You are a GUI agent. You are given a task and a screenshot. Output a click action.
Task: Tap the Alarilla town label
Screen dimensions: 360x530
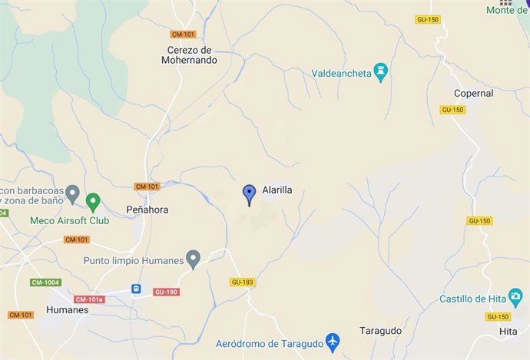pos(277,190)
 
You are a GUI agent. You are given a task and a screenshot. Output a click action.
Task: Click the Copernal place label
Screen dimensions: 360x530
pos(473,94)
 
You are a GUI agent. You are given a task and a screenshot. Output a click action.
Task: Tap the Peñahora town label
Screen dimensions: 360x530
pos(147,210)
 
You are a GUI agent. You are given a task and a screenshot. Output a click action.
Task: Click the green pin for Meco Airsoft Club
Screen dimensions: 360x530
pos(93,202)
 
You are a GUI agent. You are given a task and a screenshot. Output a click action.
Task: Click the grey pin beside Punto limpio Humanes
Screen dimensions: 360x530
pos(194,259)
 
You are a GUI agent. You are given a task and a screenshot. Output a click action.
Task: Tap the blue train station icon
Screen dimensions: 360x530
pos(136,289)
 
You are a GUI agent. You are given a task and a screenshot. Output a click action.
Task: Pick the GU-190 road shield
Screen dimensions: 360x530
pos(165,292)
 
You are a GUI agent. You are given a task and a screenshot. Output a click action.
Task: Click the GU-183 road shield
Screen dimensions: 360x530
pos(241,282)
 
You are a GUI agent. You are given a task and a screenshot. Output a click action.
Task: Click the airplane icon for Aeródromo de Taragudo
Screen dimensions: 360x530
pos(332,340)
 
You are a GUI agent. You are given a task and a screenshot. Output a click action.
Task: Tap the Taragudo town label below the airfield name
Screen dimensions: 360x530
pos(380,331)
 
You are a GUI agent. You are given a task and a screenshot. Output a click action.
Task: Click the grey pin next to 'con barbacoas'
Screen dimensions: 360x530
pos(73,192)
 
